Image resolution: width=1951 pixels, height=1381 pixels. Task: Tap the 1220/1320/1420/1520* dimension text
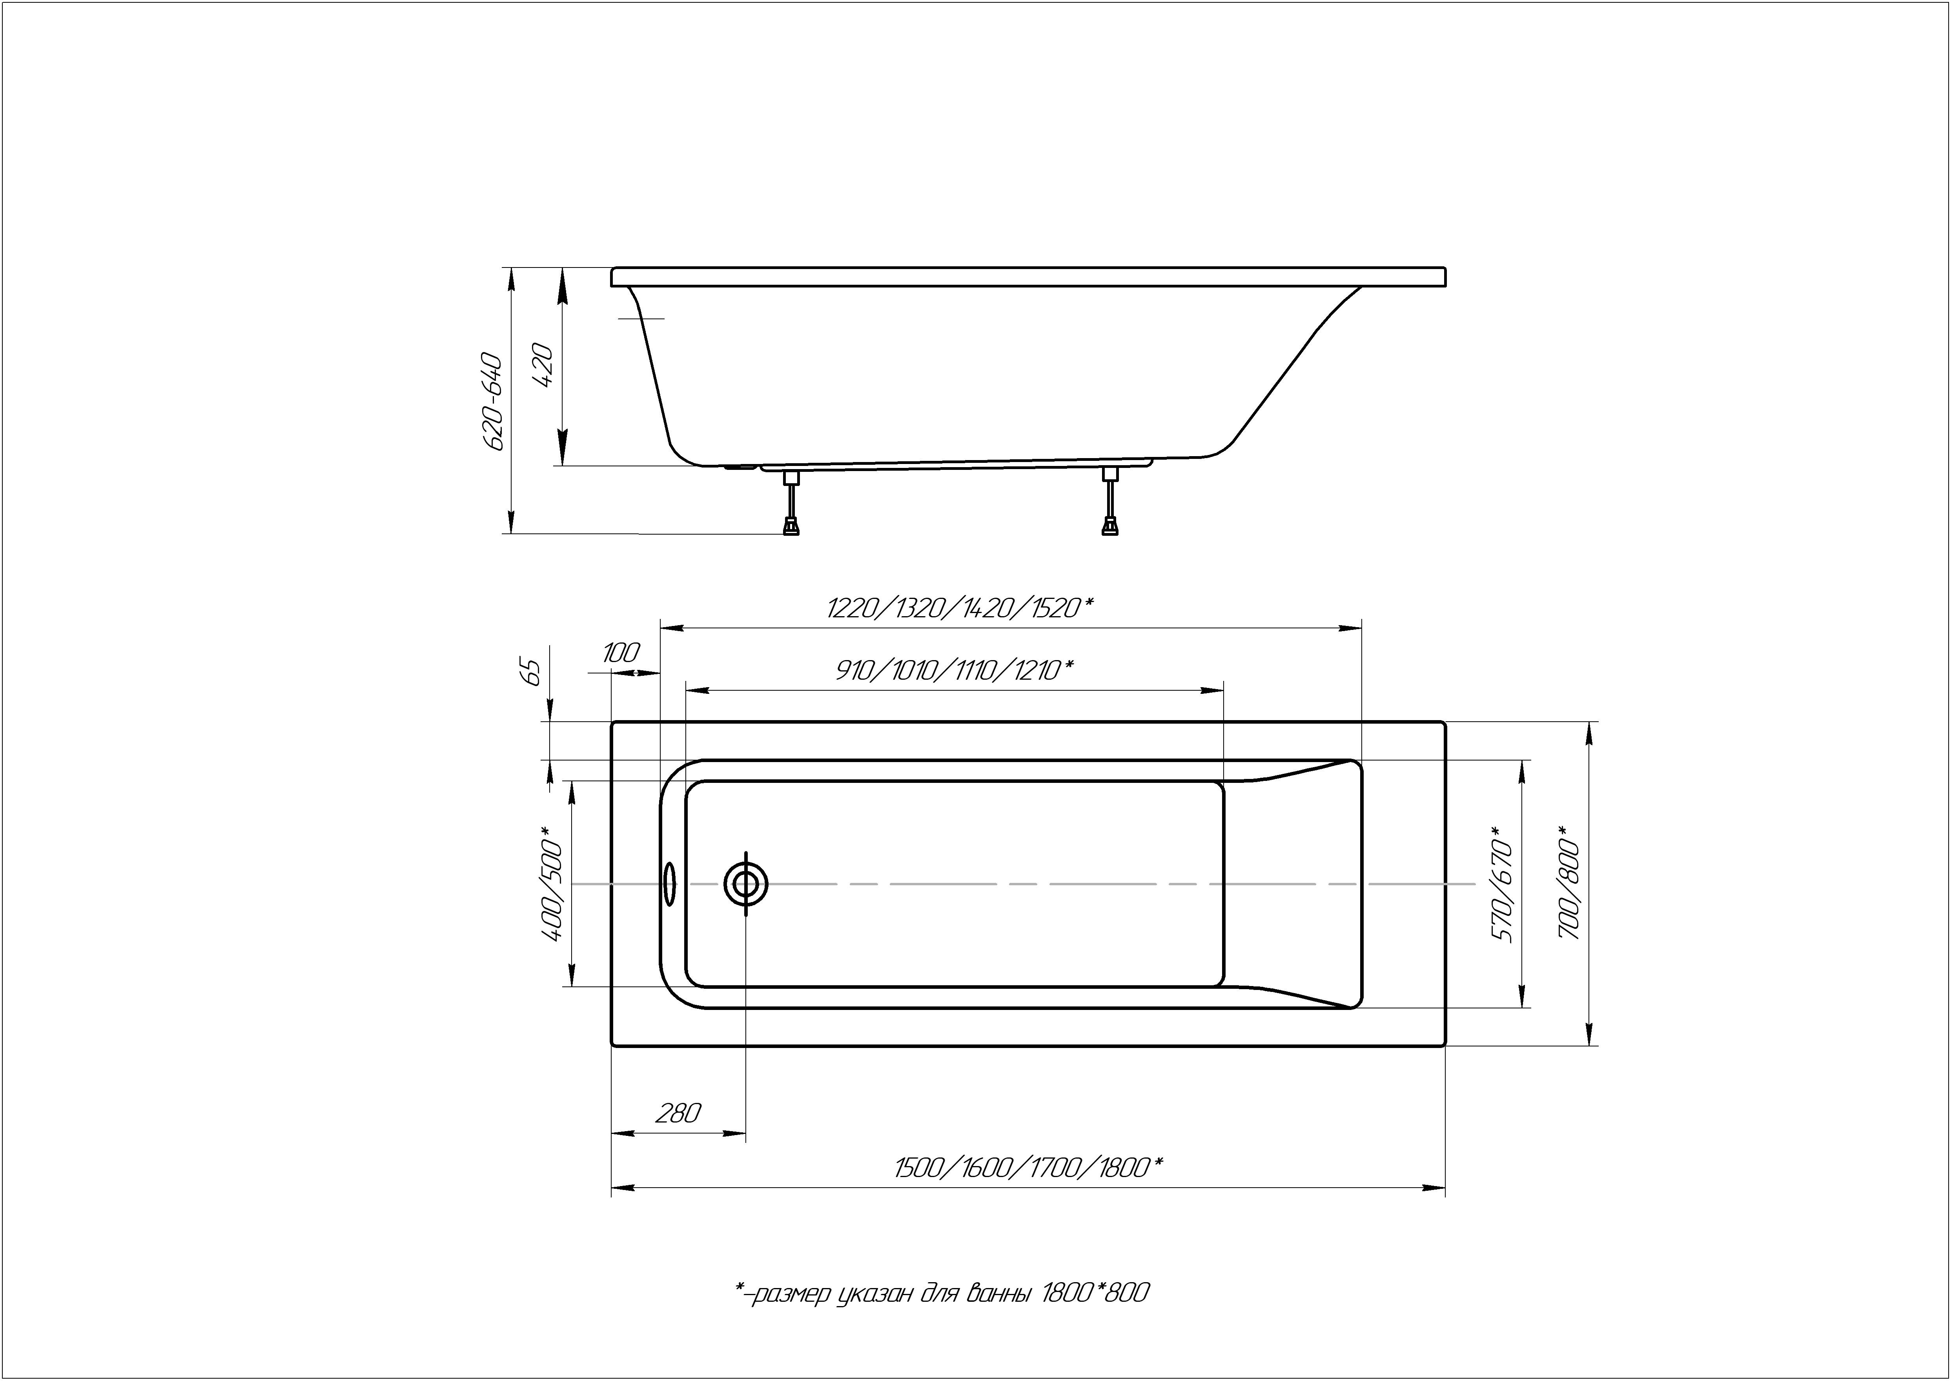pyautogui.click(x=959, y=608)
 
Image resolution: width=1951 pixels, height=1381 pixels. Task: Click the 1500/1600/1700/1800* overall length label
pyautogui.click(x=1028, y=1168)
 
